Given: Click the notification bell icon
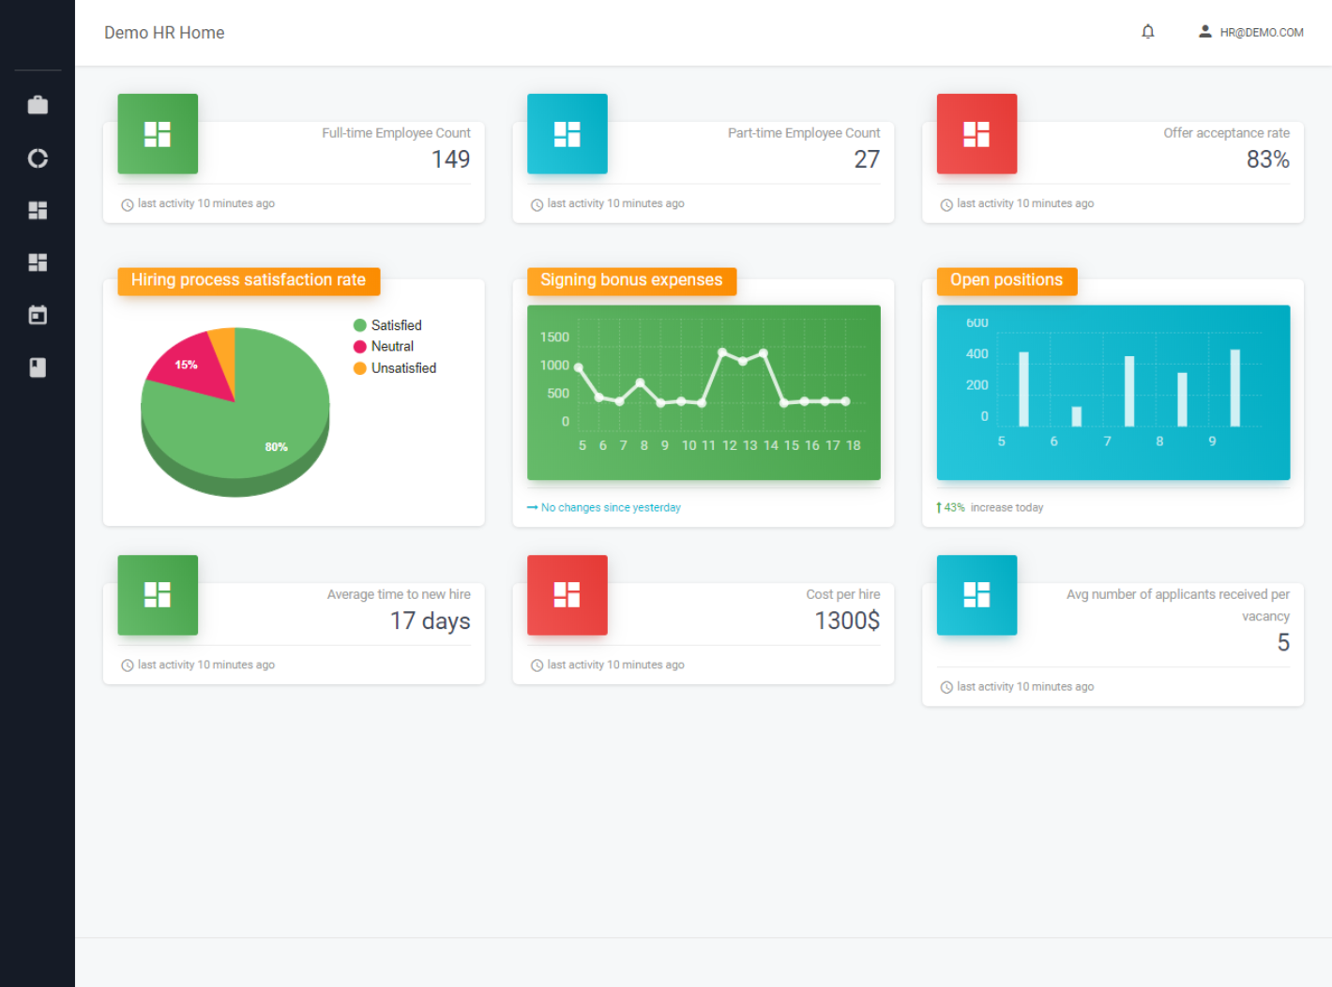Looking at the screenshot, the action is [x=1147, y=31].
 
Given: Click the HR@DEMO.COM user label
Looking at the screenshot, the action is [x=1261, y=33].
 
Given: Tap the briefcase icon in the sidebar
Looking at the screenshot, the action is [x=38, y=105].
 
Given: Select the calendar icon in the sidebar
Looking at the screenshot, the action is [x=38, y=315].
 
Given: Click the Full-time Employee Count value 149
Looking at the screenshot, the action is [x=450, y=159].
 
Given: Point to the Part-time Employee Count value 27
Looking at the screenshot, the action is [x=867, y=159].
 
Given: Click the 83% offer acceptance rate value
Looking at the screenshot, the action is [x=1267, y=159].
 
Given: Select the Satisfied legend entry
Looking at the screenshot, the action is [x=387, y=325].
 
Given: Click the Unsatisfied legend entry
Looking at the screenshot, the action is [x=395, y=368].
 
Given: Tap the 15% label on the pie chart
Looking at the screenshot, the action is [x=186, y=365].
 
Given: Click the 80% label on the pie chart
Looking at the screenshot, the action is [x=276, y=447].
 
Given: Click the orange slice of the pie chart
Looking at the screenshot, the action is [x=224, y=354].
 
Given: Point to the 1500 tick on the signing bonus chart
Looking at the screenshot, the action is [x=554, y=336].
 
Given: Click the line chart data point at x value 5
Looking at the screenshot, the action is [x=579, y=367].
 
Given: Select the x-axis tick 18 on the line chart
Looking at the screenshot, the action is [x=854, y=445].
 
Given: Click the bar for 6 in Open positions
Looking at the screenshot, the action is [x=1076, y=417].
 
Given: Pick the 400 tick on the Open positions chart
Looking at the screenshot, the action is [x=976, y=353].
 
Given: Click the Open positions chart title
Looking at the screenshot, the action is [x=1007, y=279].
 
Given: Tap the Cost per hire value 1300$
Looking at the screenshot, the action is [x=847, y=621].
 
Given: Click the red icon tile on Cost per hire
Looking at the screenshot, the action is [x=567, y=595].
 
